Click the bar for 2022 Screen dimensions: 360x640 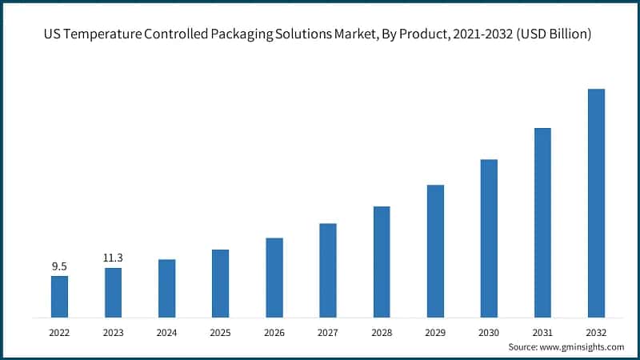(59, 296)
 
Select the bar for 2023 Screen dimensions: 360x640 (113, 292)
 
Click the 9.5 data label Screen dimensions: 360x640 (59, 266)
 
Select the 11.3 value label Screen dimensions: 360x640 (113, 258)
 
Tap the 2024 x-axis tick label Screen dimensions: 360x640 (166, 332)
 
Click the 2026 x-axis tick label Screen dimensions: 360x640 (274, 332)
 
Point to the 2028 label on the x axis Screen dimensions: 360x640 (382, 332)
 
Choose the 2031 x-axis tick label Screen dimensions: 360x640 (542, 332)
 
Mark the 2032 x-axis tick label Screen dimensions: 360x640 (596, 332)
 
